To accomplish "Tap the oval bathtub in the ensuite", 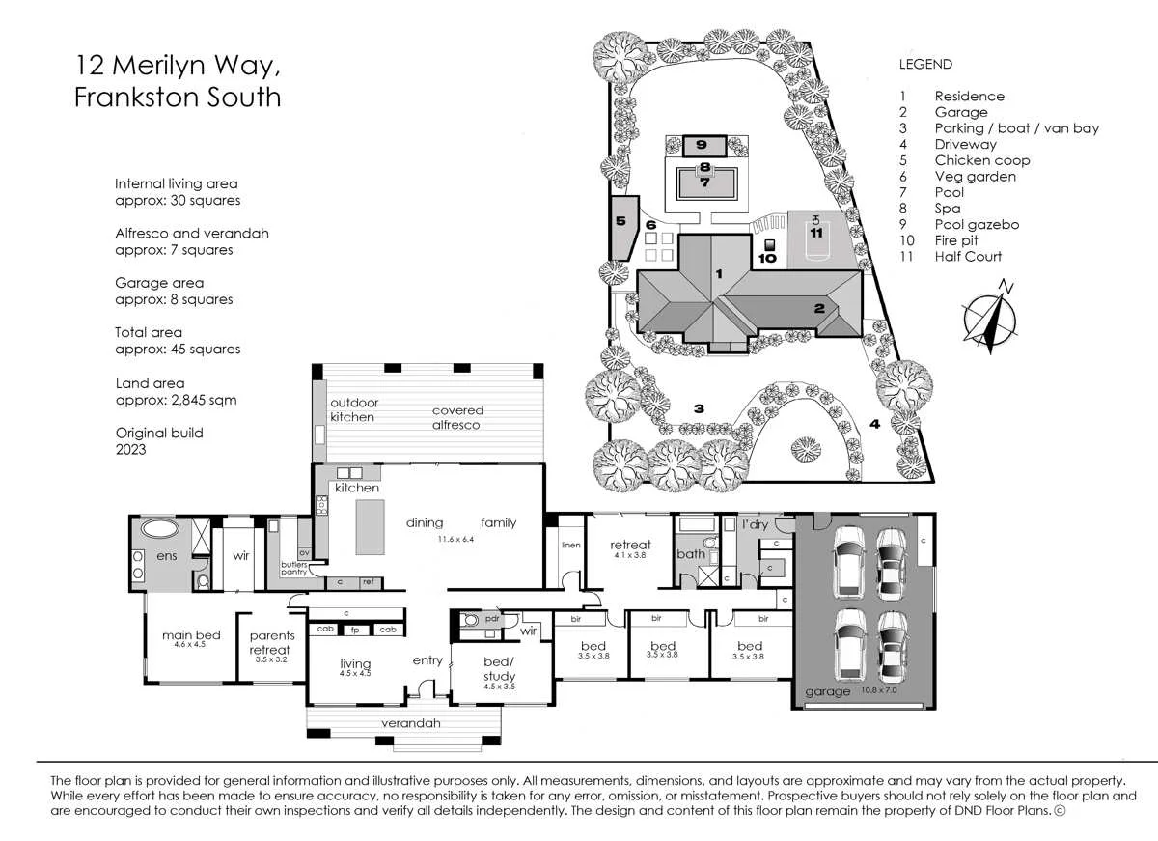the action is (161, 528).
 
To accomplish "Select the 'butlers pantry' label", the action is (293, 568).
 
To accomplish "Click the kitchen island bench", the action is (371, 527).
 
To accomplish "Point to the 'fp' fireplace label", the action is (355, 630).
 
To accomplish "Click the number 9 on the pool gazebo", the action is (701, 144).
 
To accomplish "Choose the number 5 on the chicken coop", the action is (620, 221).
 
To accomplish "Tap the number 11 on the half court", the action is (816, 233).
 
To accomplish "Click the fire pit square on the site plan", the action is (770, 244).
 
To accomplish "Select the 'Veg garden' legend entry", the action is (975, 177).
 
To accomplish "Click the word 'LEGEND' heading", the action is (925, 64).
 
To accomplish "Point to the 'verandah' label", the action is (411, 723).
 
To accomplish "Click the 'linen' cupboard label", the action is (571, 545).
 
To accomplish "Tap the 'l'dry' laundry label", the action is (755, 524).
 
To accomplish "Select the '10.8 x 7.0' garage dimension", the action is (879, 690).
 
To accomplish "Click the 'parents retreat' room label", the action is (271, 642).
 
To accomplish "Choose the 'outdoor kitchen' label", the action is (354, 409).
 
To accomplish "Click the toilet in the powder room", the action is (470, 619).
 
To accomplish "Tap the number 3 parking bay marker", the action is (699, 408).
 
